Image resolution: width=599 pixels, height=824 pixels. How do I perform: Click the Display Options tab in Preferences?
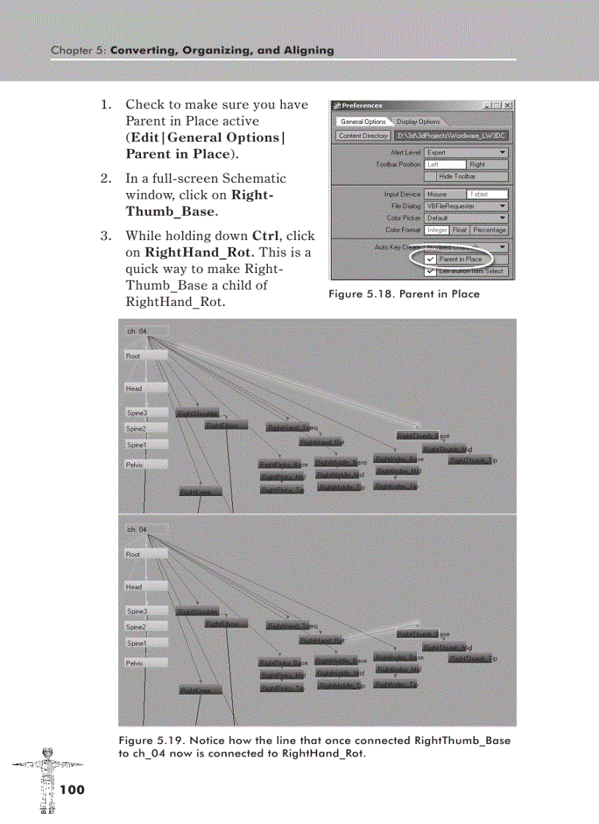[x=418, y=122]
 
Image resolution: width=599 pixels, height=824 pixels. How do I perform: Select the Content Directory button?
[x=363, y=136]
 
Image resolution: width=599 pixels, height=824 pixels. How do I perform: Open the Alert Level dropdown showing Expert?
[x=466, y=153]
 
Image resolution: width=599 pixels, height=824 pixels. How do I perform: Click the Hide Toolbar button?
[x=466, y=176]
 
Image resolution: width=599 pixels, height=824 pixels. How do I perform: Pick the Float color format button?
[x=460, y=230]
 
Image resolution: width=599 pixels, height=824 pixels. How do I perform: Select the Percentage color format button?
[x=489, y=230]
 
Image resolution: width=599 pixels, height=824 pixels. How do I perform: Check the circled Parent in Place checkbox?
[x=431, y=259]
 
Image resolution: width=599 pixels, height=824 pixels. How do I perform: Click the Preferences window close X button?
[x=508, y=106]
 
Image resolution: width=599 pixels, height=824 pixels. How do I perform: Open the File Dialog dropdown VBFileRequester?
[x=466, y=206]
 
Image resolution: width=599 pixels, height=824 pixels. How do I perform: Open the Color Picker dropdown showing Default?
[x=466, y=218]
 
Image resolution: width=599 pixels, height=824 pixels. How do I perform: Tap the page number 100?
[x=73, y=790]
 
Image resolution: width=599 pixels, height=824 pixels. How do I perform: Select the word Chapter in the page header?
[x=68, y=51]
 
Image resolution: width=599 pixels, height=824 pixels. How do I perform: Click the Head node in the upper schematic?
[x=146, y=388]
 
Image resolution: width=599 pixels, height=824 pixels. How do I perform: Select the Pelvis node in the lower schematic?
[x=146, y=663]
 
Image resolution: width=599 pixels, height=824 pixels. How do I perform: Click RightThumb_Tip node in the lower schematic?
[x=470, y=659]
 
